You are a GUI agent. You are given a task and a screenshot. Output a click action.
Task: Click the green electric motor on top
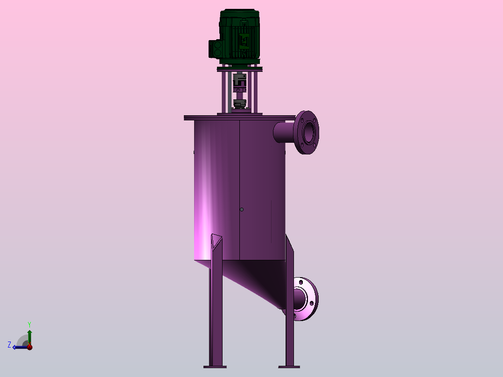coord(239,37)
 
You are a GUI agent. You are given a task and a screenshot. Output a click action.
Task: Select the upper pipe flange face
coord(307,133)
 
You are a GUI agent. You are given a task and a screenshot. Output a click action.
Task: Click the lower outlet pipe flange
coord(305,299)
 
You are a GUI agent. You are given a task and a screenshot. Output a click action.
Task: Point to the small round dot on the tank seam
coord(242,209)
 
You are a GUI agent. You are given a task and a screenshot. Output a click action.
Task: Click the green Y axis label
coord(29,325)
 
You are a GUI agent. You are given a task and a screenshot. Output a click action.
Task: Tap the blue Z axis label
coord(9,345)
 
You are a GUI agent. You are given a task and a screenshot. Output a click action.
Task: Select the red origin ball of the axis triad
coord(29,347)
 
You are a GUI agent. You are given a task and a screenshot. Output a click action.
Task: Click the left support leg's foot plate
coord(215,367)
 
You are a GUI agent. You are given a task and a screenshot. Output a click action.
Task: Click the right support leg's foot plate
coord(289,367)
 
